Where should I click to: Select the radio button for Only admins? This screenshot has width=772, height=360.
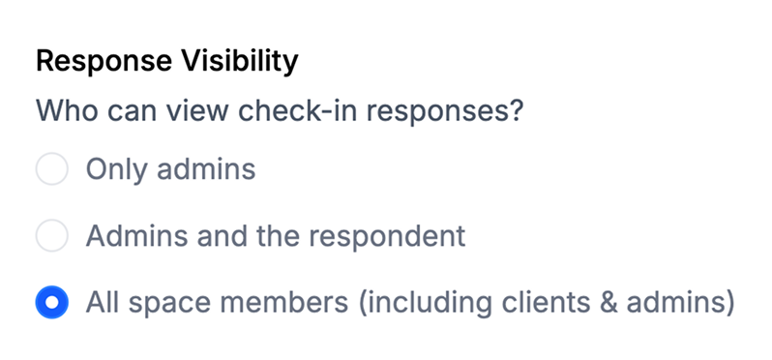point(51,169)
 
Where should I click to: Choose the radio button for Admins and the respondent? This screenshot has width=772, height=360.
point(51,235)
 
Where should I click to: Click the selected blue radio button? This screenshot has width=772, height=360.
point(51,302)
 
